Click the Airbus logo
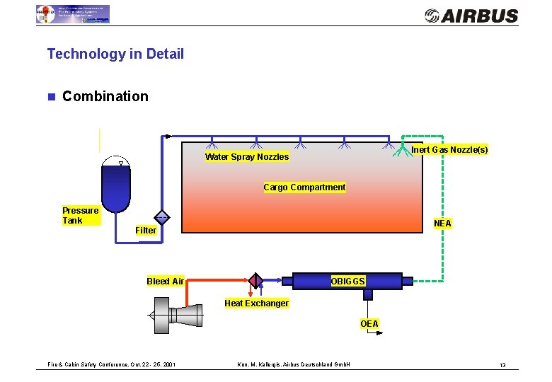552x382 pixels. (471, 16)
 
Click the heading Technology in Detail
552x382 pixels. (115, 54)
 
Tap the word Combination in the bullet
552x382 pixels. (105, 96)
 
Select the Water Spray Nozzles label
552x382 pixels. (247, 157)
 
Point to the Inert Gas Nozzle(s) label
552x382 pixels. (449, 150)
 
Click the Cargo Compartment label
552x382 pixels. (304, 187)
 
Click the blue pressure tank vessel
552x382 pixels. (116, 183)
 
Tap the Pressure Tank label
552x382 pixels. (80, 216)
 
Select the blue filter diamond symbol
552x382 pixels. (162, 218)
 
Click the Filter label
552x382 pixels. (146, 231)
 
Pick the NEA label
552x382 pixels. (442, 224)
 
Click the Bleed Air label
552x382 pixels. (165, 282)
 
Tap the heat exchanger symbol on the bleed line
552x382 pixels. (255, 281)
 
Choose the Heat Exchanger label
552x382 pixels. (256, 303)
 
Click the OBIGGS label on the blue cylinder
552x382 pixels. (347, 282)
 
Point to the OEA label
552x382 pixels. (369, 324)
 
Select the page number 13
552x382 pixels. (502, 365)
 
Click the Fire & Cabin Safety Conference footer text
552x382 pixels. (112, 365)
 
